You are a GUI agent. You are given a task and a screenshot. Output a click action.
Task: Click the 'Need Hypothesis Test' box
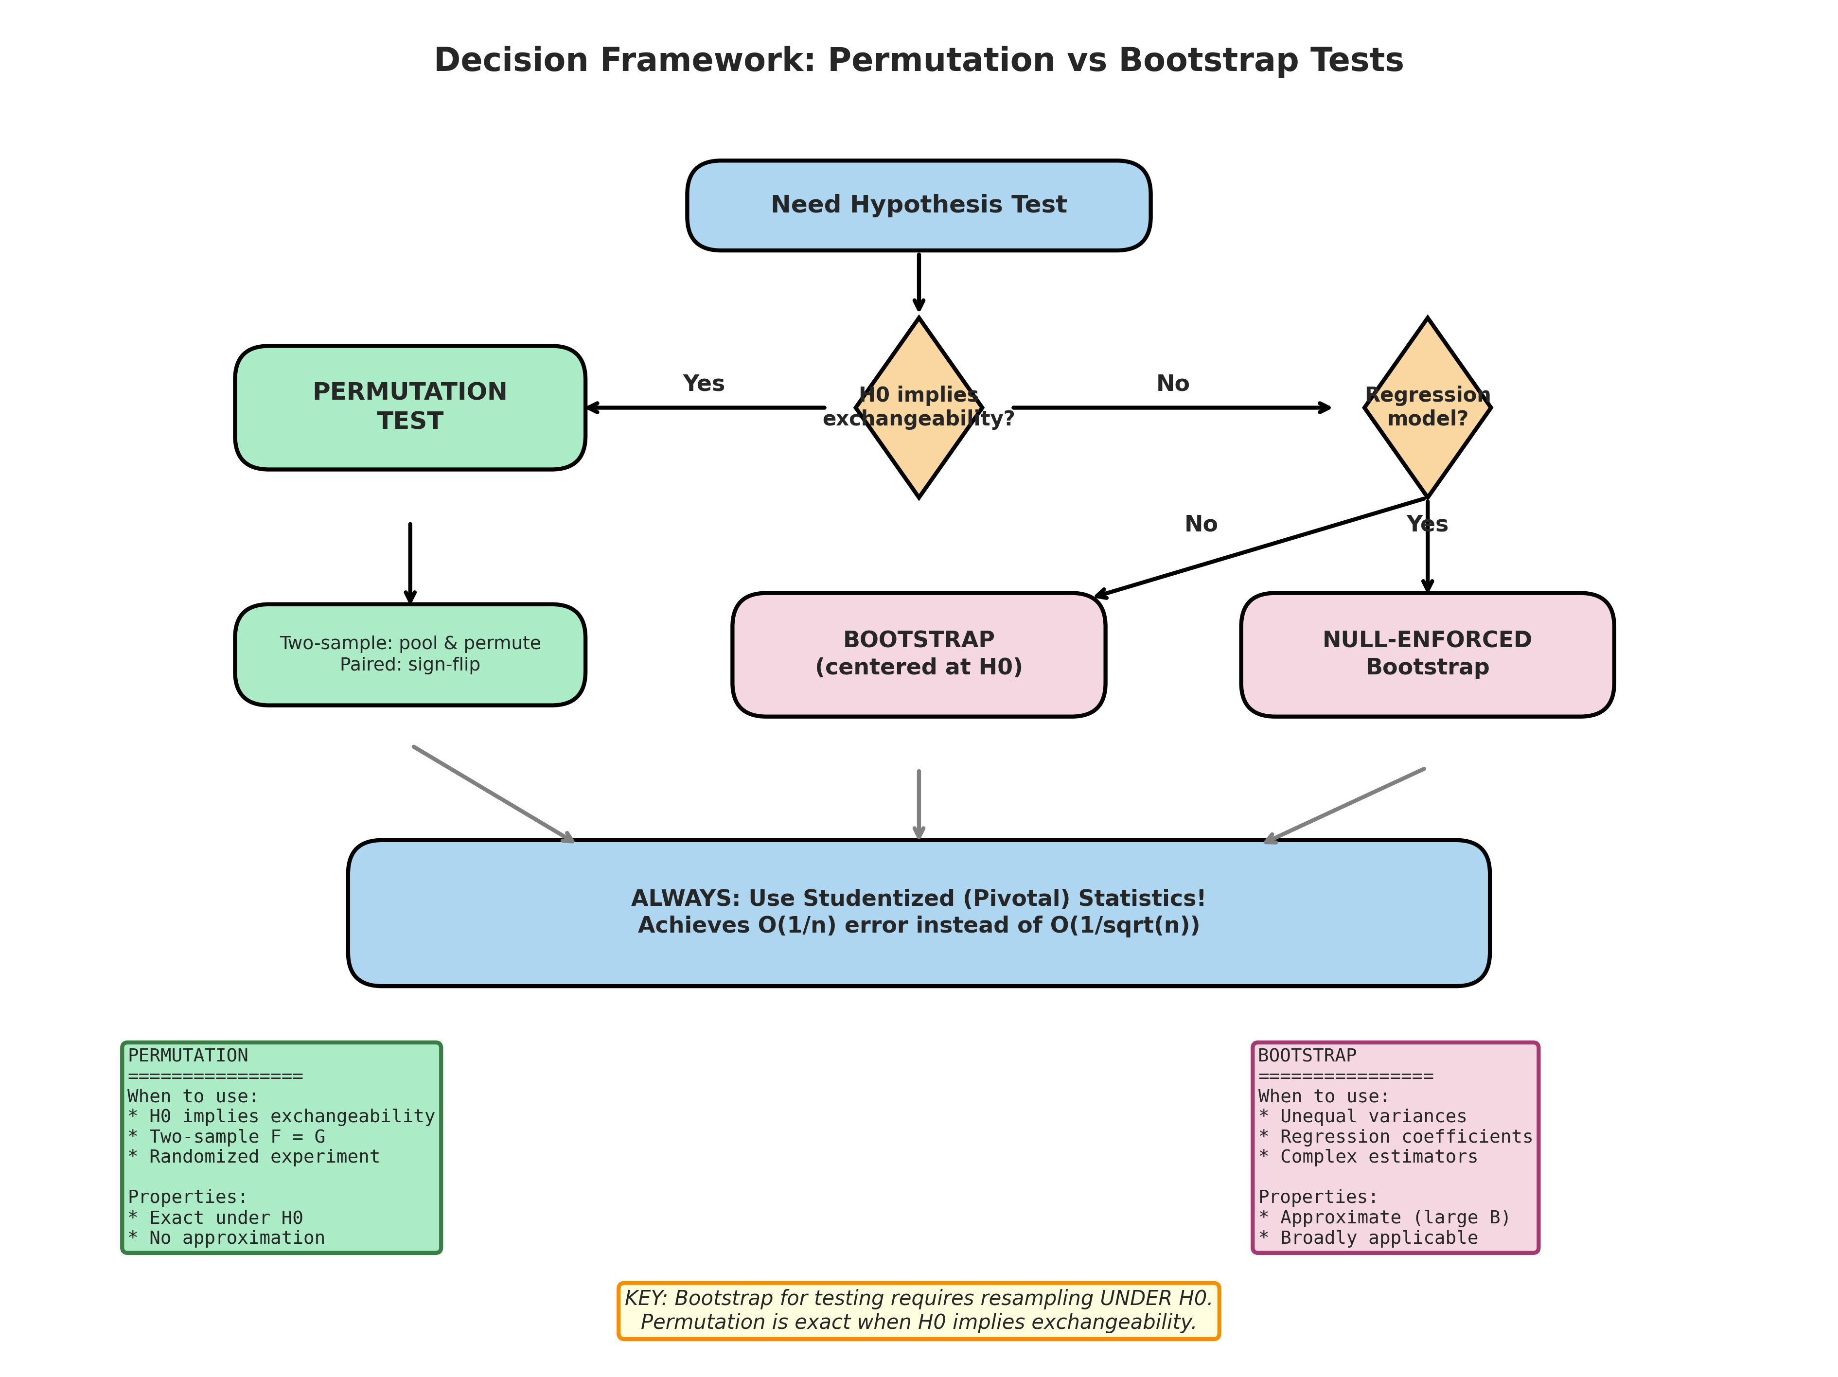(x=918, y=205)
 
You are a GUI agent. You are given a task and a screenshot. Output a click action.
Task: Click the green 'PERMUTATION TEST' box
(x=409, y=406)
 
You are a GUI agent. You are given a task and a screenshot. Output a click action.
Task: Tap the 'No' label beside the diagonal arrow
(x=1201, y=524)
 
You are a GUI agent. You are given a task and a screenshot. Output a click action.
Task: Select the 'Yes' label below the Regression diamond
(x=1427, y=524)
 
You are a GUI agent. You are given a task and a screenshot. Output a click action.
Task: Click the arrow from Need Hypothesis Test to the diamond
(x=918, y=281)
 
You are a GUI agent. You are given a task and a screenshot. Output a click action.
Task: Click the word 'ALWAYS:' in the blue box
(x=685, y=899)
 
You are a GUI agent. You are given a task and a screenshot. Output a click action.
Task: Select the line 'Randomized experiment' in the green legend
(x=264, y=1157)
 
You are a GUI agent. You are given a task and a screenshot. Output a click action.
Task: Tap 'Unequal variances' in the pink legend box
(x=1373, y=1116)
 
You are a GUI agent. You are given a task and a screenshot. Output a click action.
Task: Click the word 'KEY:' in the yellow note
(x=646, y=1298)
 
